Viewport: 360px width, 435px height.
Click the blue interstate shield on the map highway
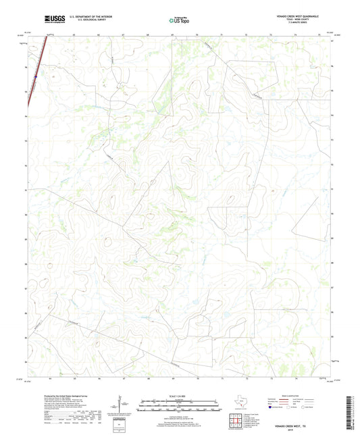coord(36,76)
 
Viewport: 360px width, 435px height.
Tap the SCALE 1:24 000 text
coord(180,396)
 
